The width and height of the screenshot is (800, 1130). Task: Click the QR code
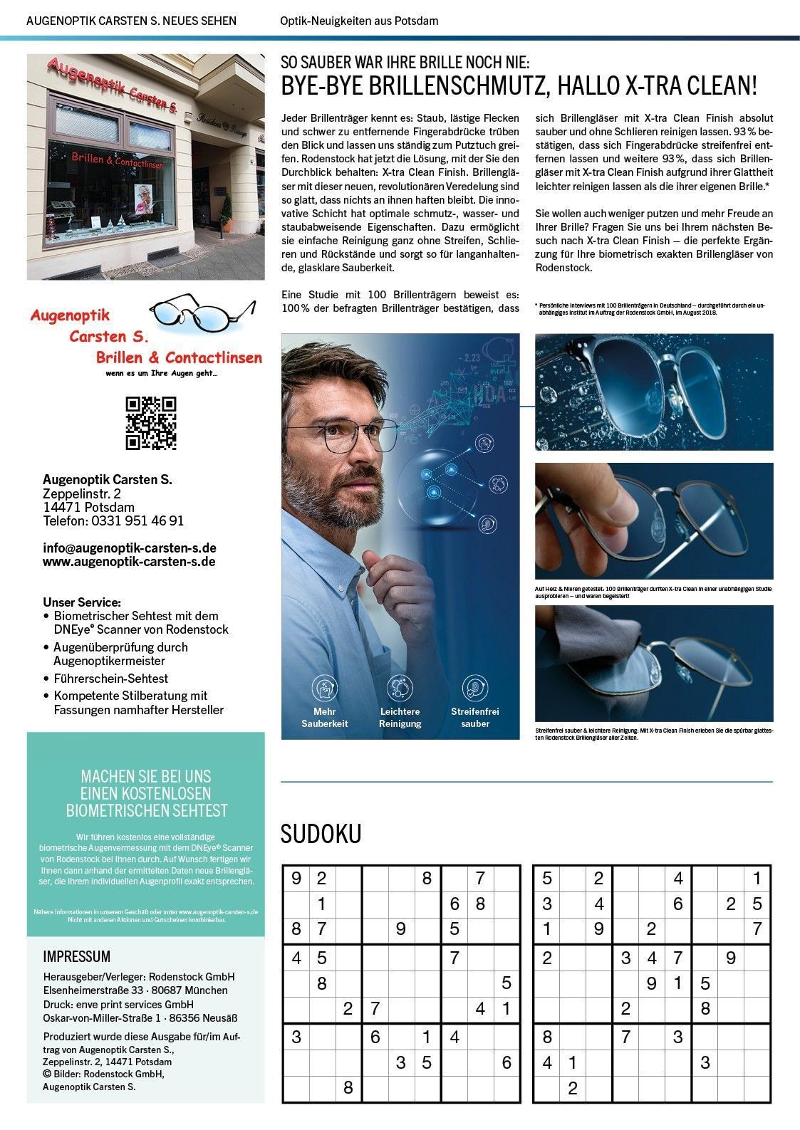click(x=151, y=423)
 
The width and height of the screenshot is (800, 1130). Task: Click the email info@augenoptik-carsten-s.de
click(x=130, y=548)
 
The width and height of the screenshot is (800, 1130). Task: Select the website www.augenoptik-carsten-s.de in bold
click(x=129, y=562)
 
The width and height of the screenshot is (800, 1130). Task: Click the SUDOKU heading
click(x=321, y=834)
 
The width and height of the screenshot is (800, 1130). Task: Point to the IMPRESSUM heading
click(x=76, y=956)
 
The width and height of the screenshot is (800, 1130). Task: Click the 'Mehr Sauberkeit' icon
click(x=324, y=688)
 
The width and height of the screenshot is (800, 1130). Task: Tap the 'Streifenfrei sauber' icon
click(x=474, y=688)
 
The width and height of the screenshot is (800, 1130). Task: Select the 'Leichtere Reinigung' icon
click(x=400, y=688)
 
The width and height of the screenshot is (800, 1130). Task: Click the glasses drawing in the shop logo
click(x=201, y=314)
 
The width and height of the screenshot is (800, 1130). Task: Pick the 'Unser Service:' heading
click(x=82, y=602)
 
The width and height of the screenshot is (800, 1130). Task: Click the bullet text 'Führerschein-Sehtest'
click(x=110, y=679)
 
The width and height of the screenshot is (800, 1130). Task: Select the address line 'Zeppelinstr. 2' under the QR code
click(x=82, y=493)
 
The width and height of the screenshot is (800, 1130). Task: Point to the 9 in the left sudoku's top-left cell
click(x=296, y=879)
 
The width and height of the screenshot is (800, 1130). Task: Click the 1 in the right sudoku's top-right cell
click(x=757, y=879)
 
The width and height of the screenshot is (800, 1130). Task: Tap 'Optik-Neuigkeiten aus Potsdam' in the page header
click(x=359, y=21)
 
